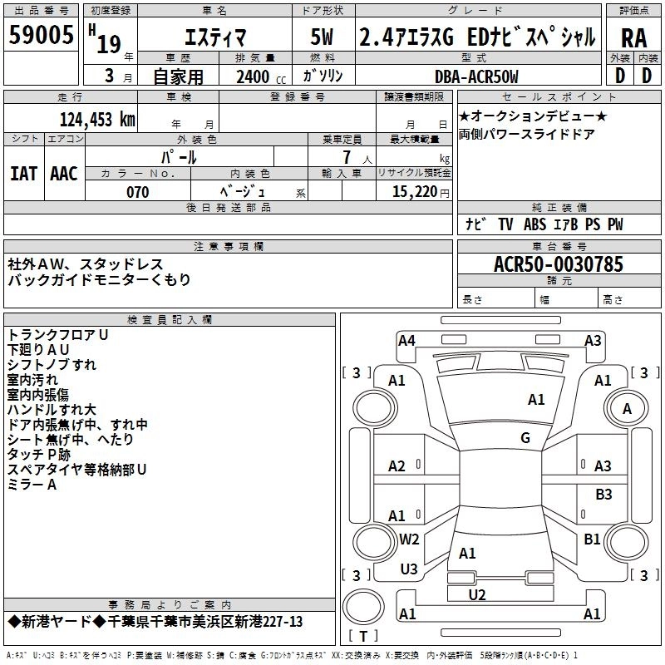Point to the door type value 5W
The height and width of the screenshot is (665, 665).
(323, 37)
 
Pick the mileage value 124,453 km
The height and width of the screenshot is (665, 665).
(97, 119)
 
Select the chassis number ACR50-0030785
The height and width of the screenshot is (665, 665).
(558, 264)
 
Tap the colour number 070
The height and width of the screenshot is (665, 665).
(137, 192)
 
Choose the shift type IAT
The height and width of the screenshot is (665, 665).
(23, 173)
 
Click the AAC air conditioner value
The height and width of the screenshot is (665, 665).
(64, 173)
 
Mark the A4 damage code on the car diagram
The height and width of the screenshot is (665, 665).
(406, 340)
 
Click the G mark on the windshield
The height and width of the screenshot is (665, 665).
(525, 438)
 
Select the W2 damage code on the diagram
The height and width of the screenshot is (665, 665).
(409, 539)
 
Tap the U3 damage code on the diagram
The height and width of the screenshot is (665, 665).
(409, 569)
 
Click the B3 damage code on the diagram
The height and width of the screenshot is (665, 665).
(603, 495)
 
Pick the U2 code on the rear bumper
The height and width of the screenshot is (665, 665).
(477, 594)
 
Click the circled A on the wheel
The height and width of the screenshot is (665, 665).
(627, 408)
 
